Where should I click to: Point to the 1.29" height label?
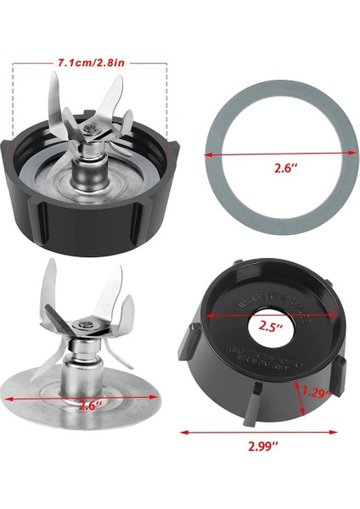point(317,393)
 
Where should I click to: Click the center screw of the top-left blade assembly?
point(89,127)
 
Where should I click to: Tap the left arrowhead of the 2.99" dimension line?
point(184,431)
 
